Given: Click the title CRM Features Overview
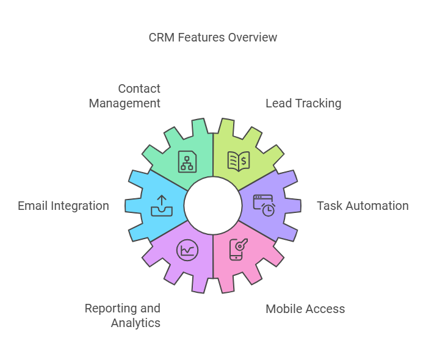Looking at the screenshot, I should [x=213, y=37].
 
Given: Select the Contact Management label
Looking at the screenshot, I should [x=125, y=96].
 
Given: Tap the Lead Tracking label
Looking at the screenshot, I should [x=303, y=103].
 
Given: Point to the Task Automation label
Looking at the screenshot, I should [x=363, y=206].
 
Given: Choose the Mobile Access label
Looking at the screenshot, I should [x=305, y=309].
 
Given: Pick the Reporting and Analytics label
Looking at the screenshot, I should [x=123, y=315].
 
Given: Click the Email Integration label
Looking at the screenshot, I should [x=63, y=206].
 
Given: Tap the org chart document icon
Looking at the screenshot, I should [x=187, y=161].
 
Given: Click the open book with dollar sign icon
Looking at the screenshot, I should [x=239, y=161].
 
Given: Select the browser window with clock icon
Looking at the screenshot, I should [x=264, y=205].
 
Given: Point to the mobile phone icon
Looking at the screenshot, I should [x=238, y=250].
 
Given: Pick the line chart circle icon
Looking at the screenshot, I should [x=187, y=250].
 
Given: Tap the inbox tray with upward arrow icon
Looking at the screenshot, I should [x=162, y=206].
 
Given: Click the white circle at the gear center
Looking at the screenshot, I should [x=213, y=206].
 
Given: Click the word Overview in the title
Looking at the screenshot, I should [x=253, y=37].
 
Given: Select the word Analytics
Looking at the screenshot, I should [x=135, y=323].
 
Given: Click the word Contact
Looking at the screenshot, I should [x=139, y=88].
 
